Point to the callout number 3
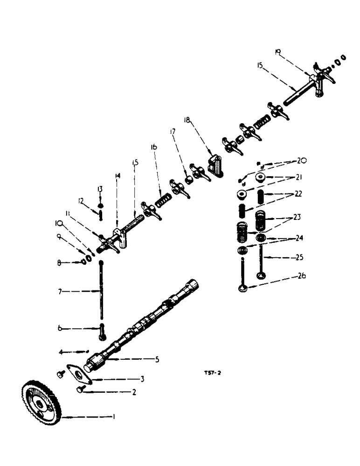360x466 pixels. pyautogui.click(x=142, y=379)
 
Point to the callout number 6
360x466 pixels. pyautogui.click(x=61, y=329)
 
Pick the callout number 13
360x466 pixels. pyautogui.click(x=99, y=189)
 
